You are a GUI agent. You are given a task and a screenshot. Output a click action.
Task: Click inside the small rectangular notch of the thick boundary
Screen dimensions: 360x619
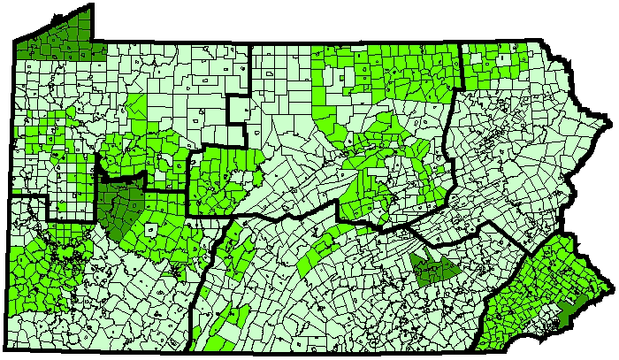coord(238,110)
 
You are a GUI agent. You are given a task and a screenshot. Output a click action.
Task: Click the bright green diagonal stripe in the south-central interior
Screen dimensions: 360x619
coord(322,251)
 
